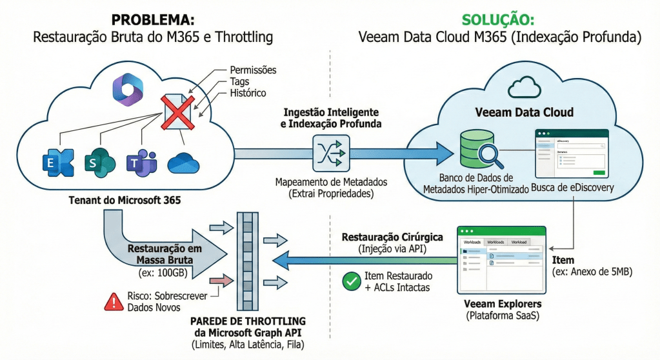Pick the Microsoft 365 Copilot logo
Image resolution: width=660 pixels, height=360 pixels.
tap(126, 88)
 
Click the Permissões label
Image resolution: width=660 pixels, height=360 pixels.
tap(253, 70)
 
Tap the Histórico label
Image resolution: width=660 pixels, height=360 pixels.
tap(248, 93)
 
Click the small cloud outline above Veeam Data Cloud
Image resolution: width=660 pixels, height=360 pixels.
tap(524, 86)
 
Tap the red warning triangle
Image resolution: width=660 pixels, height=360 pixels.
tap(115, 300)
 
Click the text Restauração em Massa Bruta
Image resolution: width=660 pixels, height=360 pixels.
tap(165, 254)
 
